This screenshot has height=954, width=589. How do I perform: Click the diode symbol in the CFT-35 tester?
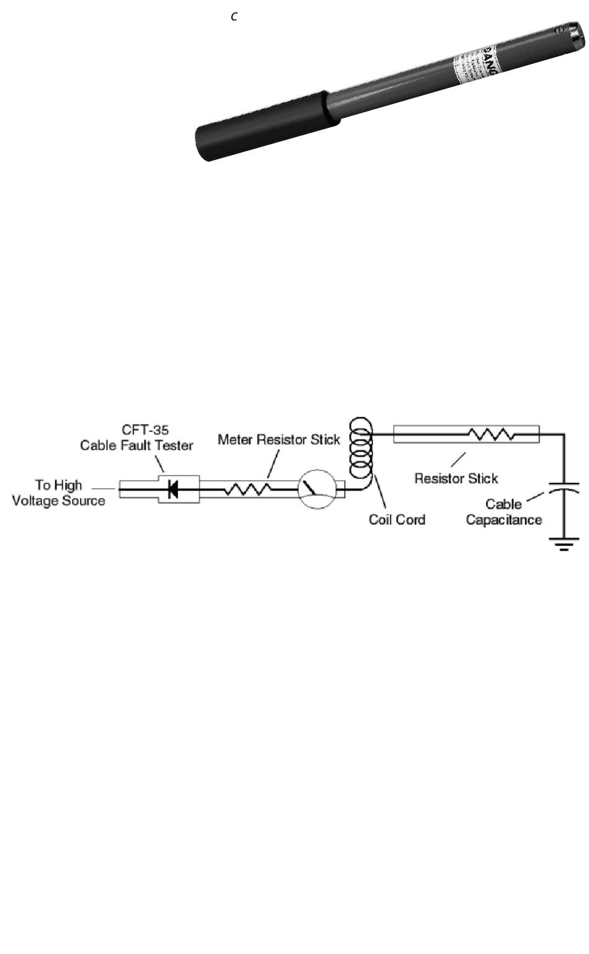coord(174,489)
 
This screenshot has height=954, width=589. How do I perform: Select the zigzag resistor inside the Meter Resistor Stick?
coord(247,489)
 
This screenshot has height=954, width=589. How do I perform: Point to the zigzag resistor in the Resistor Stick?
coord(491,434)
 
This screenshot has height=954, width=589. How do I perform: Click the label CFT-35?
coord(146,430)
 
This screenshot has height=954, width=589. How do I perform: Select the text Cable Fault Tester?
coord(136,445)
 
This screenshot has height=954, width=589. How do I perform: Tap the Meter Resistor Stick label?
coord(279,440)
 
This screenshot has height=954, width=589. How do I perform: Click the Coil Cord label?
coord(397,519)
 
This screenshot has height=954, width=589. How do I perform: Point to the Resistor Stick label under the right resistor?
coord(456,478)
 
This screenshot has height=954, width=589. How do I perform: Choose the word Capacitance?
coord(503,520)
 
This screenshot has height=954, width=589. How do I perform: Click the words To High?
coord(58,485)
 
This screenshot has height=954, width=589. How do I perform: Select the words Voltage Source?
coord(58,500)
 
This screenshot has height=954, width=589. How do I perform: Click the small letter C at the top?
coord(234,17)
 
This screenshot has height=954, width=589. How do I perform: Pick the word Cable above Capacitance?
coord(503,504)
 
